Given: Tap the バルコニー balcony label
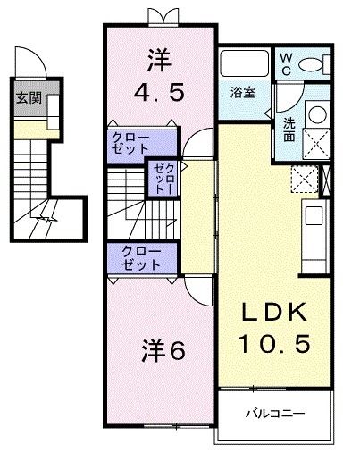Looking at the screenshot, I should (x=276, y=415).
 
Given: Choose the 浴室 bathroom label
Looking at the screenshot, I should (x=242, y=91).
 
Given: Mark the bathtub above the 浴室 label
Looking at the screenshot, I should (x=244, y=63).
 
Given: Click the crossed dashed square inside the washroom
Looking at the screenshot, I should (x=315, y=142).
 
